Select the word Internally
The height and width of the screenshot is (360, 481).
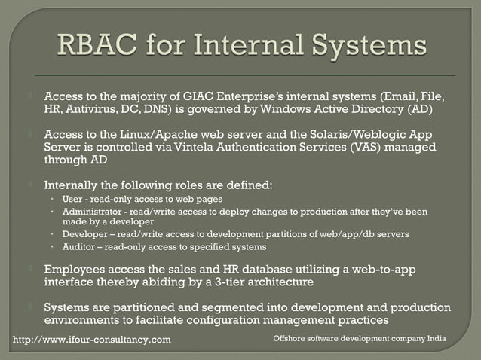click(x=75, y=185)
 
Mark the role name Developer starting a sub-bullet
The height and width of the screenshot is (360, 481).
click(x=87, y=234)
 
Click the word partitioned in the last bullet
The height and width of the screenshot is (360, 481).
click(x=134, y=307)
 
